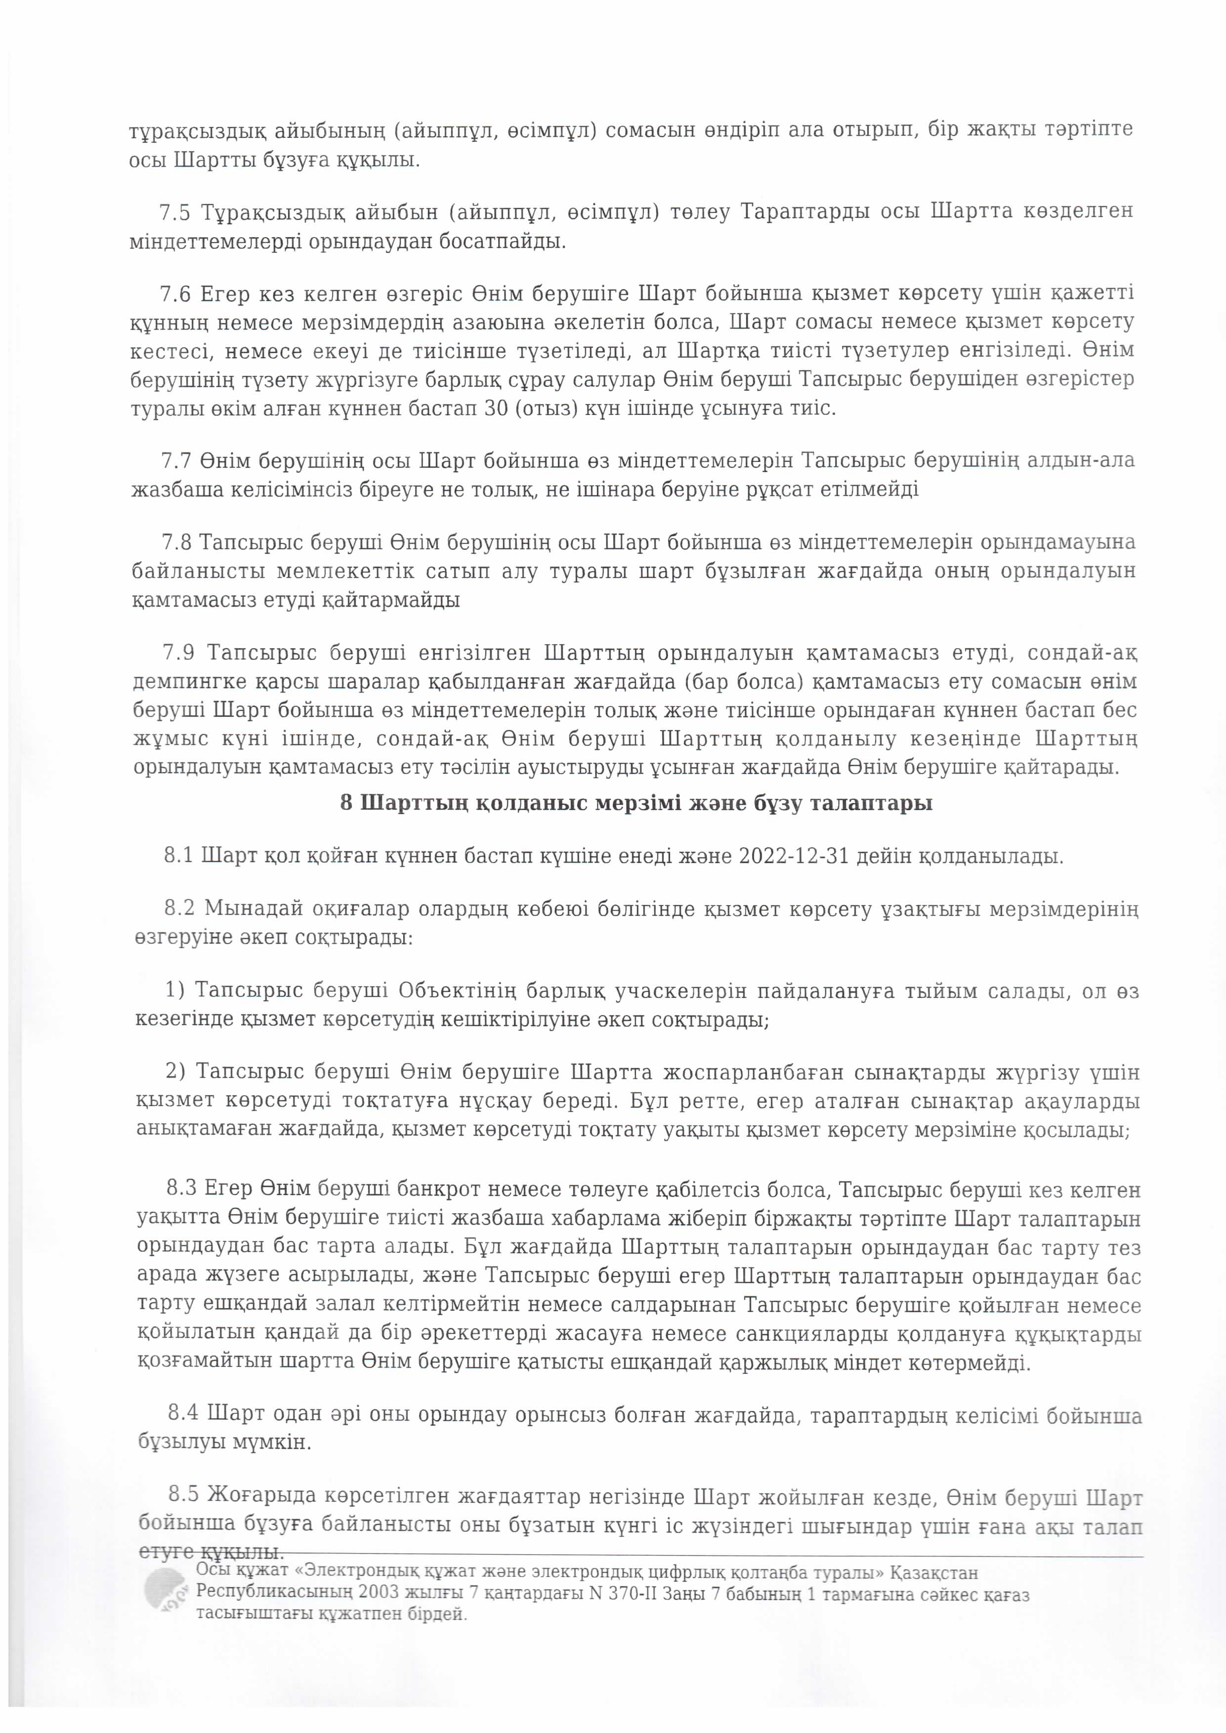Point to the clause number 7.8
(x=176, y=543)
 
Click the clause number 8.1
(x=178, y=857)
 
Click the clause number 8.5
(x=183, y=1494)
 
